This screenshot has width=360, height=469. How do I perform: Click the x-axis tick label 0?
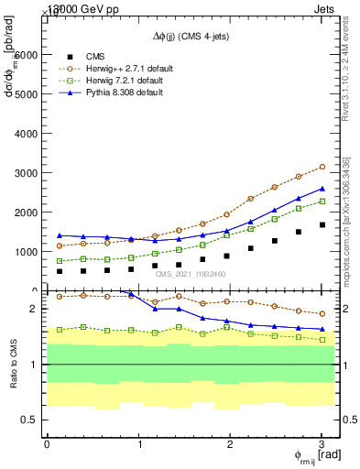[x=47, y=444]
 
